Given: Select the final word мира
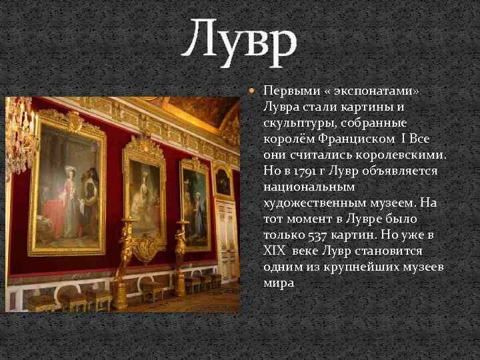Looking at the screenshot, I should (278, 283).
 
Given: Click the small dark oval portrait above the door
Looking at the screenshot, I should (223, 181).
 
